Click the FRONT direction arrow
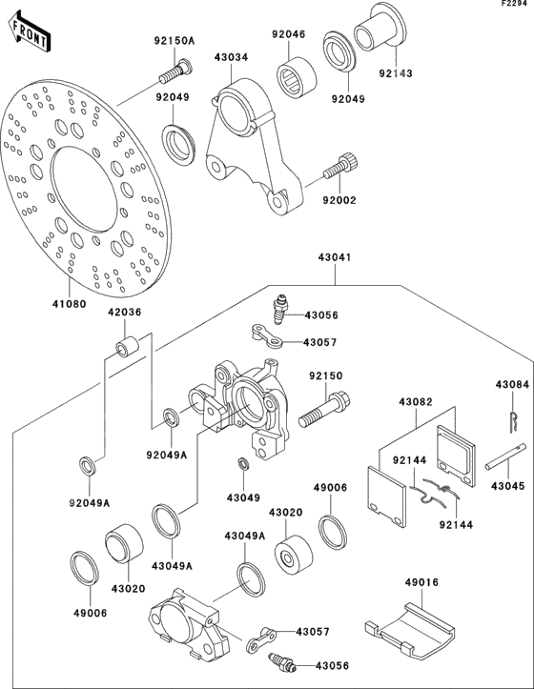[26, 35]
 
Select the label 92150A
[174, 41]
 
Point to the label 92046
[287, 34]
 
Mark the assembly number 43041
[335, 257]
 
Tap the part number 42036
[125, 312]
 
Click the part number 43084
[511, 384]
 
